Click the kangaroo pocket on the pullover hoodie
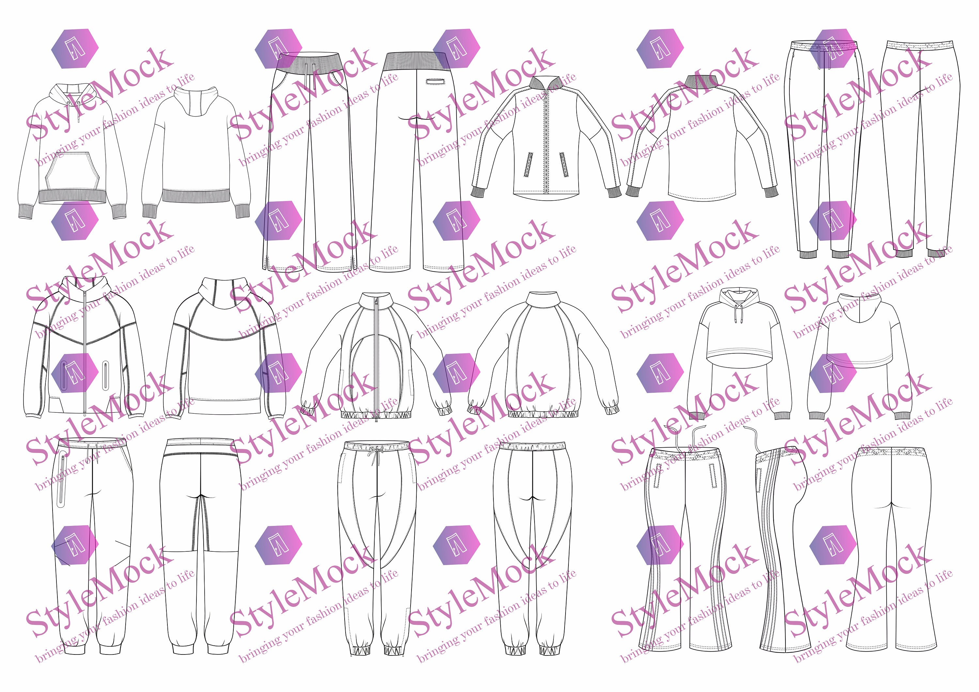tap(72, 171)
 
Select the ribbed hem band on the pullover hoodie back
tap(196, 196)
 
